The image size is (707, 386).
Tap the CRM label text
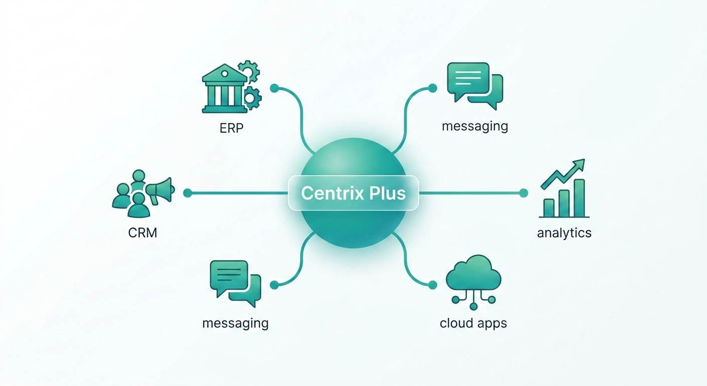tap(142, 233)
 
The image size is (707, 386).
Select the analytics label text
tap(564, 233)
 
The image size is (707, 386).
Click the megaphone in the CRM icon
tap(161, 190)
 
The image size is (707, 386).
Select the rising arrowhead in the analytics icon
tap(579, 164)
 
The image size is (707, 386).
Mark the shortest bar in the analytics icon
tap(549, 208)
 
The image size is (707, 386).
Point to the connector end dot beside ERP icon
tap(274, 88)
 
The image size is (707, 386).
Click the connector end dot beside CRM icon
tap(187, 193)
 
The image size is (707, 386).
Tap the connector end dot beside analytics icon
tap(524, 193)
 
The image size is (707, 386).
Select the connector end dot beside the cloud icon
tap(432, 285)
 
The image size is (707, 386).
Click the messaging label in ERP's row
tap(475, 126)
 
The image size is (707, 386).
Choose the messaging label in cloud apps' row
tap(235, 323)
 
